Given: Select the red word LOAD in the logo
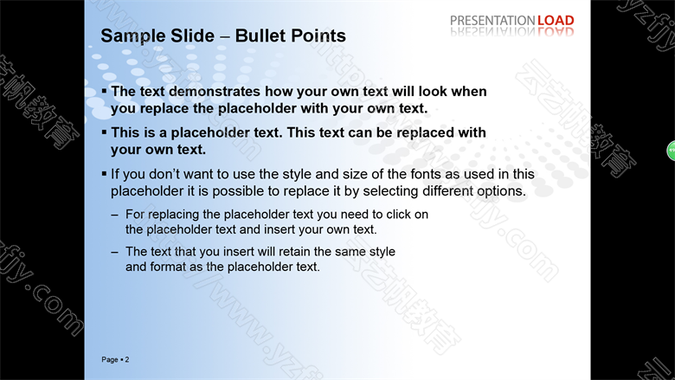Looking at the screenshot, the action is (556, 20).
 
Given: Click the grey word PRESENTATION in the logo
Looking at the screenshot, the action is (492, 20).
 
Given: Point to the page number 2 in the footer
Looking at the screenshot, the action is (127, 359).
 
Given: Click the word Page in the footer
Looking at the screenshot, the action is (110, 360).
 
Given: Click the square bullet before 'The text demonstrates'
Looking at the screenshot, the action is (104, 91).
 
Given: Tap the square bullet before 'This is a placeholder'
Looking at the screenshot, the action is (104, 132).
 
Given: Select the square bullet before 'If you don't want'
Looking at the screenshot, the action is (104, 173).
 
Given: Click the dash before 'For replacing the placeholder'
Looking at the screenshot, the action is (114, 215).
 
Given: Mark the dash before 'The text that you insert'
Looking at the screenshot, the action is (114, 252).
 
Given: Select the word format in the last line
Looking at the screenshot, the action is (168, 267).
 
